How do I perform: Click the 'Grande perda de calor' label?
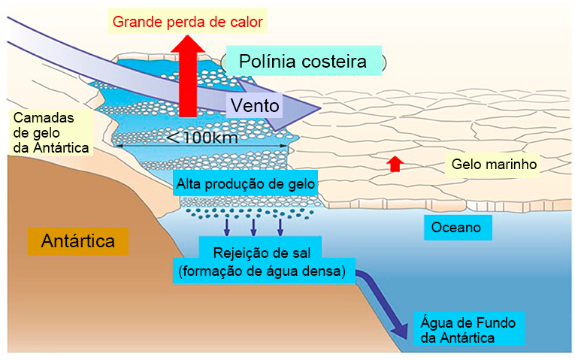tap(187, 22)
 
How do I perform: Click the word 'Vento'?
tap(255, 105)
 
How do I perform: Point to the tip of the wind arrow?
tap(319, 110)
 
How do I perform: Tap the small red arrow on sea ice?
tap(395, 163)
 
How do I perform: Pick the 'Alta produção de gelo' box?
tap(245, 182)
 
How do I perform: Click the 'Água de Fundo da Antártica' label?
tap(468, 330)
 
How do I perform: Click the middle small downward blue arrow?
tap(253, 225)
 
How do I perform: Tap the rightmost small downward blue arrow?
tap(280, 225)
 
